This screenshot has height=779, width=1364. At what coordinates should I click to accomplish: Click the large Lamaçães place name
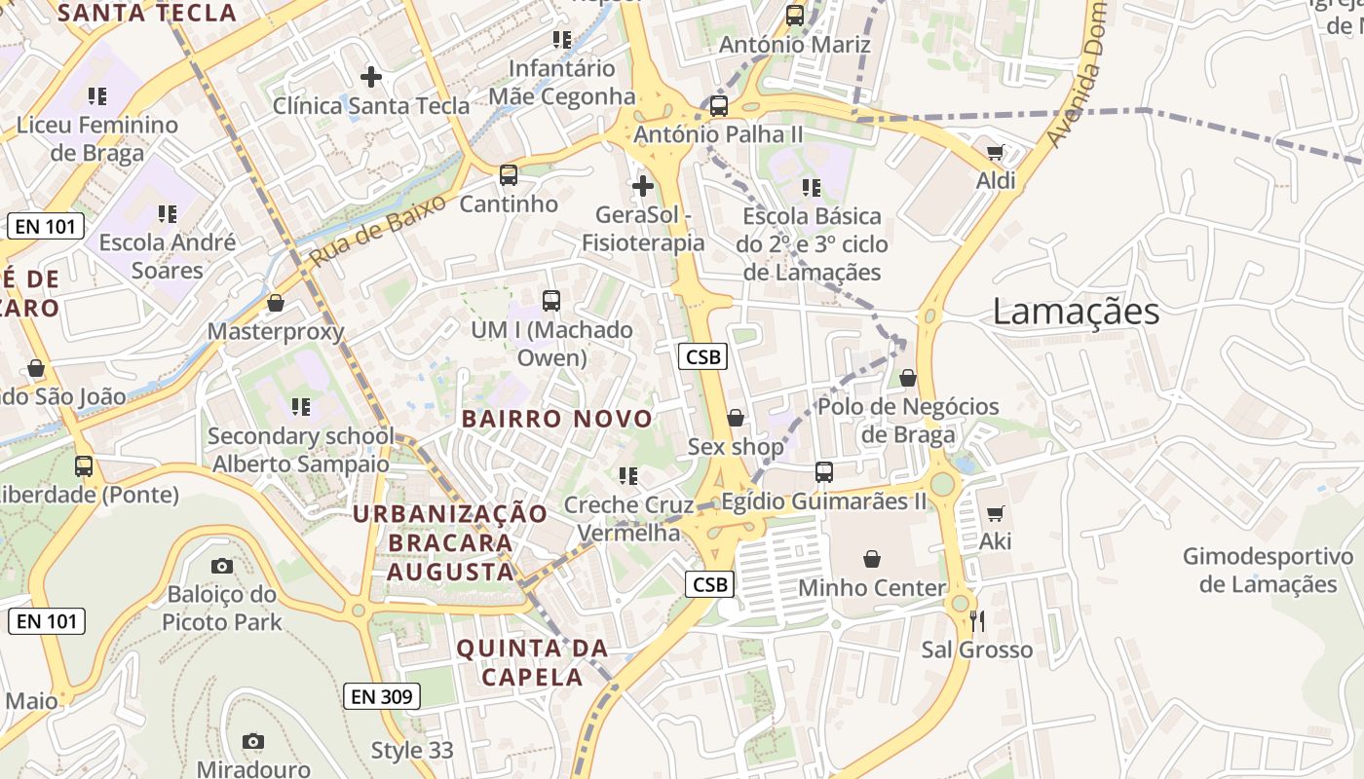coord(1076,312)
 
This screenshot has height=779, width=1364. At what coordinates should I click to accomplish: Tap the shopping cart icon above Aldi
coord(995,152)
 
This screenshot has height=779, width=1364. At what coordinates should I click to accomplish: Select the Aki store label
coord(996,541)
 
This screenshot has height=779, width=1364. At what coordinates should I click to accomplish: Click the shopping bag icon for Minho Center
coord(872,559)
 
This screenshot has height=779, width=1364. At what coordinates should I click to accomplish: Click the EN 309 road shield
coord(383,696)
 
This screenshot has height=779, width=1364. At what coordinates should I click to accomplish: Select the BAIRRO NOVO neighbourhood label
coord(556,419)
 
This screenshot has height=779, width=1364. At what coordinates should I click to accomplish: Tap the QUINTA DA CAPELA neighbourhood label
coord(532,662)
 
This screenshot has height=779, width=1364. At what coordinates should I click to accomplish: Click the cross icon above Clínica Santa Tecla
coord(371,76)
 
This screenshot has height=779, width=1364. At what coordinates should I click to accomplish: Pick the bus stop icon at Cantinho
coord(509,175)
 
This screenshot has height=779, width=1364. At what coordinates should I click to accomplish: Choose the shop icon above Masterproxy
coord(276,304)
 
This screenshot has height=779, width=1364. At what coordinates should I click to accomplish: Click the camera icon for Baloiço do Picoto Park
coord(222,566)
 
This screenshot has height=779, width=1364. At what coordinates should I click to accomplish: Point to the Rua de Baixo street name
coord(378,231)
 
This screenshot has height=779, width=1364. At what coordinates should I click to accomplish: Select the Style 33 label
coord(412,751)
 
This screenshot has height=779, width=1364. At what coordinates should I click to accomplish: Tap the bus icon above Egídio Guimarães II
coord(824,472)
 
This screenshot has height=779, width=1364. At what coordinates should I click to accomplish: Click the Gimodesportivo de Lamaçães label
coord(1268,571)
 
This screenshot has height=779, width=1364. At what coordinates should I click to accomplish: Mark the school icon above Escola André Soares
coord(167,213)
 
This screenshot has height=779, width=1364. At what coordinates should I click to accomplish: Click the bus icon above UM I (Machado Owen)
coord(551,301)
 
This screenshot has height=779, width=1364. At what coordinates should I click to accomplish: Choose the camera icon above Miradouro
coord(253,741)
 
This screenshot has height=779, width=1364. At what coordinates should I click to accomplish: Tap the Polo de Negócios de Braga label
coord(908,420)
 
